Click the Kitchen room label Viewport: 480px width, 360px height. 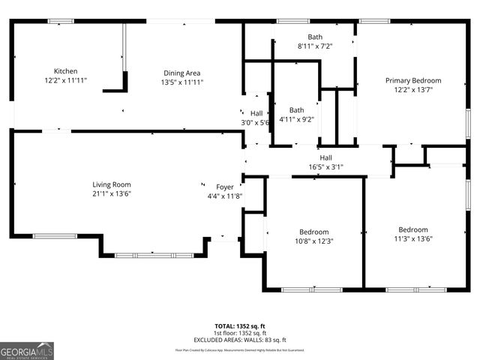[x=65, y=71]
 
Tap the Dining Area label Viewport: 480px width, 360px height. [x=182, y=73]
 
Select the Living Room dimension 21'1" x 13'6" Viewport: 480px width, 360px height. [x=111, y=194]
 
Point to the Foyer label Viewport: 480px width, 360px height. [x=225, y=187]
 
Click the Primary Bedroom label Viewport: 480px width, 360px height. [x=413, y=80]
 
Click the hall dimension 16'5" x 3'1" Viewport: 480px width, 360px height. [x=326, y=167]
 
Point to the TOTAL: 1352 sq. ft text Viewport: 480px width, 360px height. [x=240, y=326]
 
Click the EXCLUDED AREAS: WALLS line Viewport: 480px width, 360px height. [x=240, y=340]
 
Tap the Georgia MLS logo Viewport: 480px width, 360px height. [x=27, y=350]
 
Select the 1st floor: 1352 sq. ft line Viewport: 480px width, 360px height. [x=240, y=333]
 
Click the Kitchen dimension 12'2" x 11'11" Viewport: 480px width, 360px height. [x=65, y=80]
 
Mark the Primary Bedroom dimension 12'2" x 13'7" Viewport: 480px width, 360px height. [x=413, y=89]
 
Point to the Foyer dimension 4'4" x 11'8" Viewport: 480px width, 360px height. [x=225, y=196]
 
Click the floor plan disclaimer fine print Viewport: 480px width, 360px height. [x=240, y=349]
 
